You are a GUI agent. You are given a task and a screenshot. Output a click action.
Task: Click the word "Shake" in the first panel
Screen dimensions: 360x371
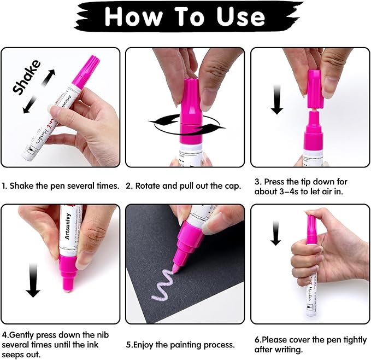(26, 78)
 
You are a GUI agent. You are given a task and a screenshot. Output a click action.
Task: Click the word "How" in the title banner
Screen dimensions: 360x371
(133, 18)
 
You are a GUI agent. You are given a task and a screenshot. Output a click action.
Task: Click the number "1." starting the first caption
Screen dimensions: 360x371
(4, 186)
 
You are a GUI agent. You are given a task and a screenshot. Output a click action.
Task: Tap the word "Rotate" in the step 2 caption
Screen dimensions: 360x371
(150, 186)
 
